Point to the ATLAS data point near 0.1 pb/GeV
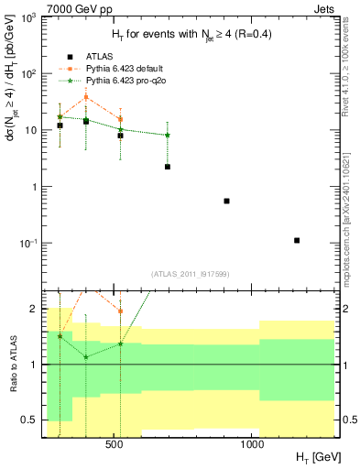click(297, 240)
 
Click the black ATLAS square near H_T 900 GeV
click(226, 201)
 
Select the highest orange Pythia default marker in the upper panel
click(86, 97)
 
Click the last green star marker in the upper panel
click(168, 136)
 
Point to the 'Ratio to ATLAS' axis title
click(12, 365)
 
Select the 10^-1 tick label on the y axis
click(28, 244)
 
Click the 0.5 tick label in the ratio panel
click(30, 420)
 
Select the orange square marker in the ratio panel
click(120, 311)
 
